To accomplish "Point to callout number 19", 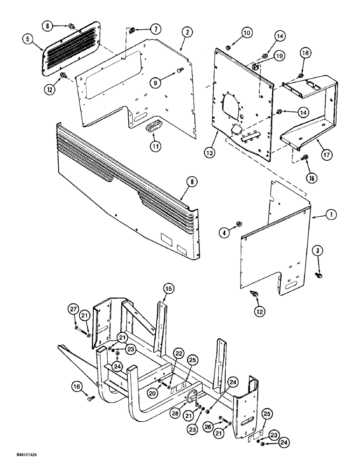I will (x=280, y=56).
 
